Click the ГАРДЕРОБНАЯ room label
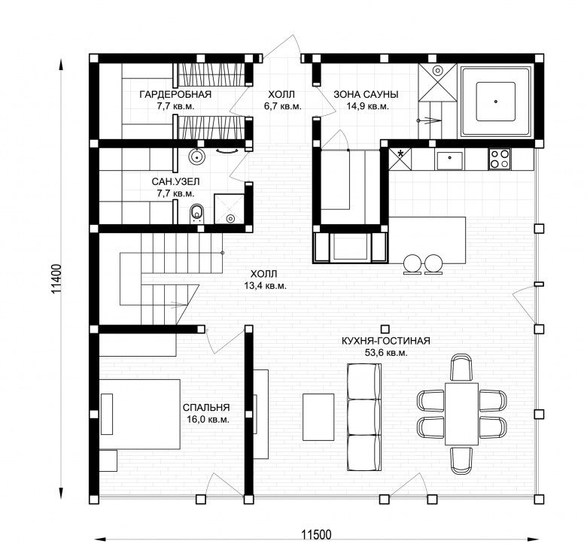tap(175, 94)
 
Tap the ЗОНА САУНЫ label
tap(366, 94)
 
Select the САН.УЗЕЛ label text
tap(175, 182)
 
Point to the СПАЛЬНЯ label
tap(206, 407)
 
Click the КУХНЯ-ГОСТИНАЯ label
tap(385, 341)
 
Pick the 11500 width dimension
tap(317, 535)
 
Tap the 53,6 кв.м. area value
tap(386, 353)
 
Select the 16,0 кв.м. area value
tap(208, 419)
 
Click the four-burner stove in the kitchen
tap(500, 159)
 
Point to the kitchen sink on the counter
tap(449, 159)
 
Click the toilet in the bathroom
tap(196, 213)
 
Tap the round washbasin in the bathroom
tap(196, 157)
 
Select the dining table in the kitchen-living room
tap(461, 414)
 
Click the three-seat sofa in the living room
tap(364, 417)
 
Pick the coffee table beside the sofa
tap(318, 417)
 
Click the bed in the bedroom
tap(140, 414)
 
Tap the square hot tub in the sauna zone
tap(496, 102)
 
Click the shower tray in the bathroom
tap(229, 209)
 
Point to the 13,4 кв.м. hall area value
tap(266, 286)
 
